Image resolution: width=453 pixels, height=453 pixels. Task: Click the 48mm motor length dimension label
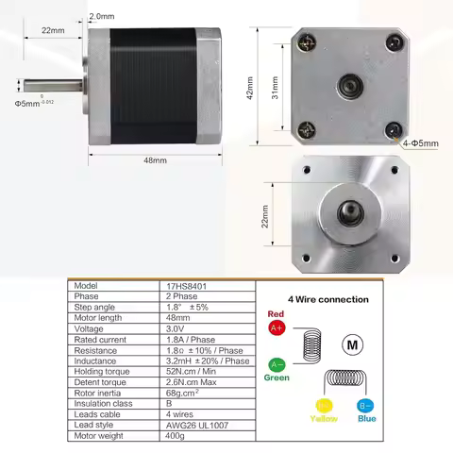tap(155, 161)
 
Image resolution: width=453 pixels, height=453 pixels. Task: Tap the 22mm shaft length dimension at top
tap(53, 31)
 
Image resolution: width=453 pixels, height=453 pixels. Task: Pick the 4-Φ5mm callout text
tap(419, 143)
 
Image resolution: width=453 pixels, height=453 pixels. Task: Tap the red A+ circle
tap(277, 328)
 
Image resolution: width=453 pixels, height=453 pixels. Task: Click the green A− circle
tap(277, 363)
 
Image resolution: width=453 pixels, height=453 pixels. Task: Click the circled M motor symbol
tap(353, 344)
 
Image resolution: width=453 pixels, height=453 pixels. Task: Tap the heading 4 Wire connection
tap(335, 299)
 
